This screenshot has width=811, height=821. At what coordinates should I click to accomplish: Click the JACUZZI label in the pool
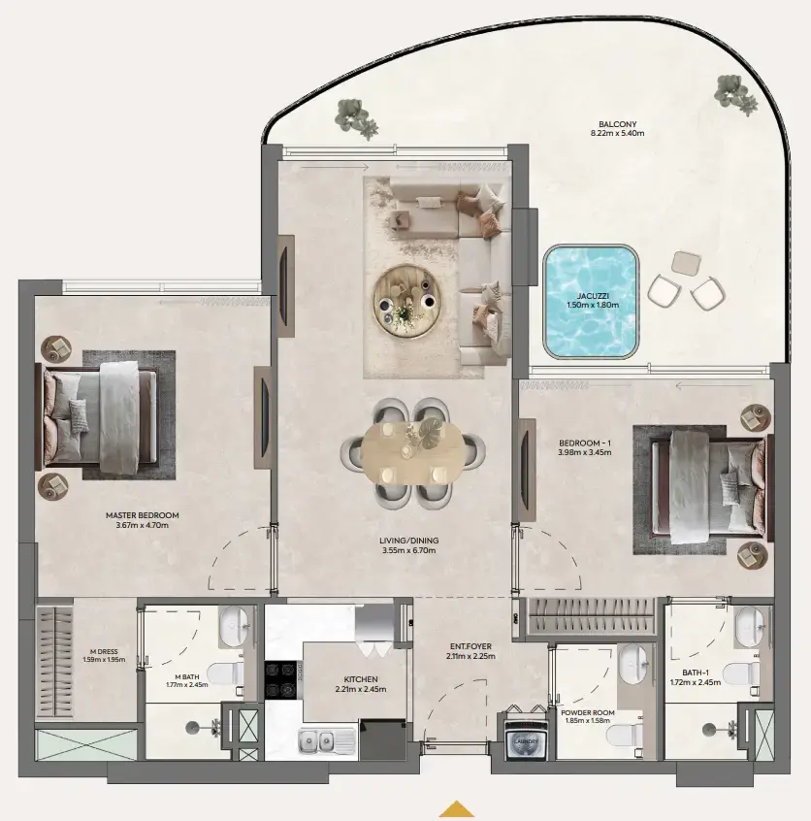click(x=592, y=295)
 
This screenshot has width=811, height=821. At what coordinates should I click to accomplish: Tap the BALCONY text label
click(x=617, y=124)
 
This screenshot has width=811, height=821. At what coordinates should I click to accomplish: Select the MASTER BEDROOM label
click(x=142, y=515)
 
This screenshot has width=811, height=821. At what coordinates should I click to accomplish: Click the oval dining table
click(x=412, y=451)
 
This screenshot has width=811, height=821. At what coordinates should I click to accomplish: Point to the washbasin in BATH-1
click(x=748, y=629)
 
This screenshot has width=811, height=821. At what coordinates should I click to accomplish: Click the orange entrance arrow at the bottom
click(x=457, y=808)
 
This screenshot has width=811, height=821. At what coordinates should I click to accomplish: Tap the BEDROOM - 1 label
click(x=582, y=443)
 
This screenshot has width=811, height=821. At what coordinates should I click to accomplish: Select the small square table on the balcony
click(x=685, y=263)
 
